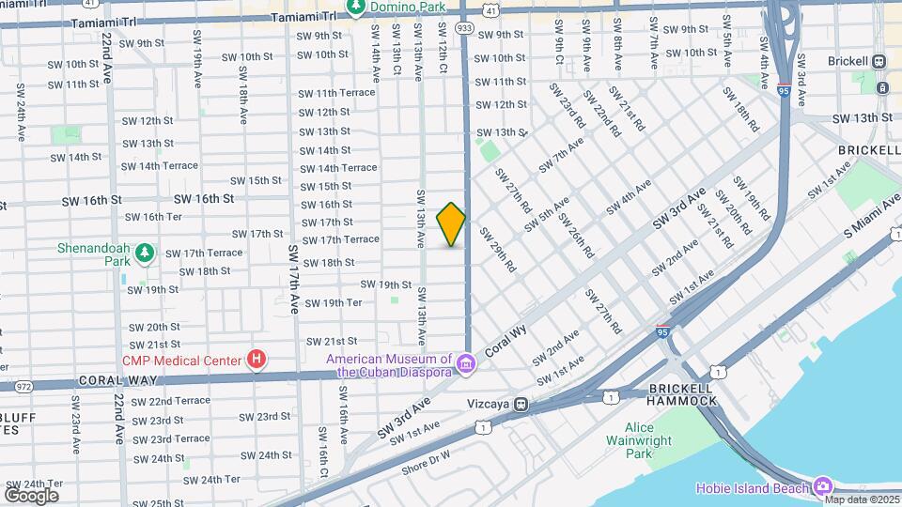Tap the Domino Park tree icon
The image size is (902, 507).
(x=356, y=8)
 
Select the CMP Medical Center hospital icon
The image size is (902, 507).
(x=256, y=360)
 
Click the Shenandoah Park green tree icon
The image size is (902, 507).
(x=144, y=253)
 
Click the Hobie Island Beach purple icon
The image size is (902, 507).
(x=823, y=486)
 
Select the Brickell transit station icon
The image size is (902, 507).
(x=879, y=61)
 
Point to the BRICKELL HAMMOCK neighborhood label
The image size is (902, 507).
(x=681, y=394)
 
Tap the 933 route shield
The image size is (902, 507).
(x=465, y=29)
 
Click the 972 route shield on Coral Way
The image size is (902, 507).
(x=24, y=386)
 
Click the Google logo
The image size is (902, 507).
(x=31, y=495)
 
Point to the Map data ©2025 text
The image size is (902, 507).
(x=861, y=499)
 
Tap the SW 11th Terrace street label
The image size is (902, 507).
(x=336, y=93)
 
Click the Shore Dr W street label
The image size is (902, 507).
(x=428, y=459)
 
